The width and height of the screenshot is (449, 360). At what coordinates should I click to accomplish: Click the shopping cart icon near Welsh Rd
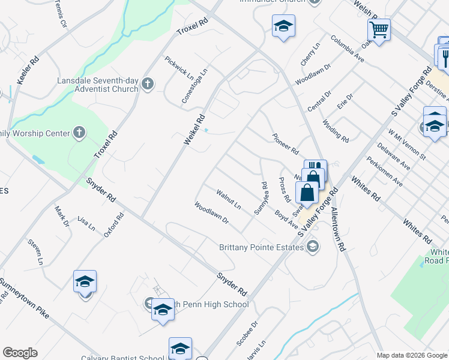point(379,29)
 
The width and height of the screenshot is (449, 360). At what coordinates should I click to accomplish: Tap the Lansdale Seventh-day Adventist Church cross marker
point(149,85)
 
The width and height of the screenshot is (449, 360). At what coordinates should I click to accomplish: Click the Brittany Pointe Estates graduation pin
point(312,247)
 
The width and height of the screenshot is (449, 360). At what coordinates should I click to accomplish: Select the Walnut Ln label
point(229,200)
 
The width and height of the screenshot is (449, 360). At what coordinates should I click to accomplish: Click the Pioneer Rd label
point(285,143)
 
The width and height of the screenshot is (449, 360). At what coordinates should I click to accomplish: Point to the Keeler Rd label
point(28,70)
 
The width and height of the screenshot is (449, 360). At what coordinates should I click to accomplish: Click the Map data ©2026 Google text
point(411,355)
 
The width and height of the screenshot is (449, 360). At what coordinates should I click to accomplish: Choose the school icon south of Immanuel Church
point(283,26)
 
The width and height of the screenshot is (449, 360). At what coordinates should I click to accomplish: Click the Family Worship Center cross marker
point(79,133)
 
